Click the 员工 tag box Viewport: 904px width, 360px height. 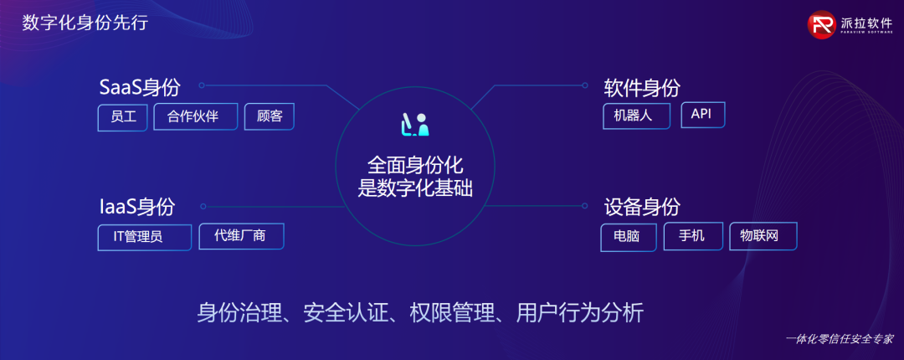(123, 117)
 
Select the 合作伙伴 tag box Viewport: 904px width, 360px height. (195, 116)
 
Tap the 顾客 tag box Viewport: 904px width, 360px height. (270, 116)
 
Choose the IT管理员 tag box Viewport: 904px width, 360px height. (145, 237)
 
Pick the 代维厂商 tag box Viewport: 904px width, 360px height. (242, 236)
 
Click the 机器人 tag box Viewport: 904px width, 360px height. (636, 116)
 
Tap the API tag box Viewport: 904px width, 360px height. (703, 115)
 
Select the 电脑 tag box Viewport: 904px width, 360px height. (628, 237)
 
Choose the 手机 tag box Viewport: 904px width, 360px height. (693, 236)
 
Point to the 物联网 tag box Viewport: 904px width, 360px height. (763, 236)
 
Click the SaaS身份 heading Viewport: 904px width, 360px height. (140, 88)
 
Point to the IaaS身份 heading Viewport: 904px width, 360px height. (137, 207)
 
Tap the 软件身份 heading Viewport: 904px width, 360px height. (642, 88)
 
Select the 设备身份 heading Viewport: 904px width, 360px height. (642, 207)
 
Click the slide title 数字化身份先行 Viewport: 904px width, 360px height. (85, 23)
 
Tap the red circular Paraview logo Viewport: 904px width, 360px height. (822, 25)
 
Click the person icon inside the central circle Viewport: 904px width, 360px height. (423, 126)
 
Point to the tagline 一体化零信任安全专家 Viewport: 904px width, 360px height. (840, 339)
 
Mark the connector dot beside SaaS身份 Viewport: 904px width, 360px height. (201, 85)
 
